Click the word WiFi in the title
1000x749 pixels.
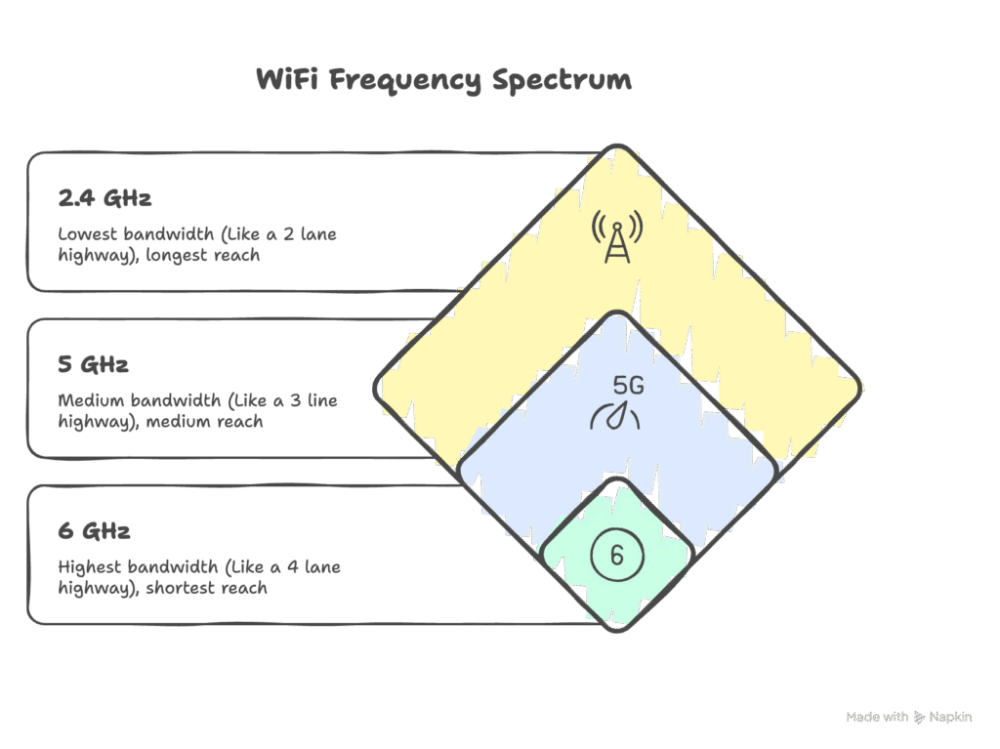pos(287,80)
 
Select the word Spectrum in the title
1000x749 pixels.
pos(562,81)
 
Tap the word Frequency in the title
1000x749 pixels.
pos(405,81)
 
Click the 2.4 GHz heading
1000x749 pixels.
pos(104,198)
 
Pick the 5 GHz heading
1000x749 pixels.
pos(93,364)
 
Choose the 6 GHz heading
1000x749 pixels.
pos(94,531)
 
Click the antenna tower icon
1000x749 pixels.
pos(617,236)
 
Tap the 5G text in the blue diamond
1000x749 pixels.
pos(629,386)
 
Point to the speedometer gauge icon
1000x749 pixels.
pos(615,415)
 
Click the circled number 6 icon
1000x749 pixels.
pos(617,555)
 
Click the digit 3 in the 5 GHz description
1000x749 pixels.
pos(295,400)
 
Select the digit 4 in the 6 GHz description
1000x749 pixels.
pos(293,567)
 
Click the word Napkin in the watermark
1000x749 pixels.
pos(950,717)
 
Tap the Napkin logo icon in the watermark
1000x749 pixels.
pos(919,717)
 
